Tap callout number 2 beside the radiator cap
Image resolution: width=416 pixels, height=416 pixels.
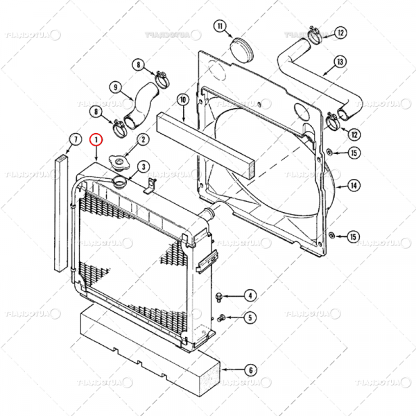click(x=142, y=139)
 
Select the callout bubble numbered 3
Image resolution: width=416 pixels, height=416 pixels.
click(x=142, y=166)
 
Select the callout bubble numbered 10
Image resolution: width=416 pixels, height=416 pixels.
click(x=183, y=100)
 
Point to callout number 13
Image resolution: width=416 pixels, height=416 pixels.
click(x=339, y=62)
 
